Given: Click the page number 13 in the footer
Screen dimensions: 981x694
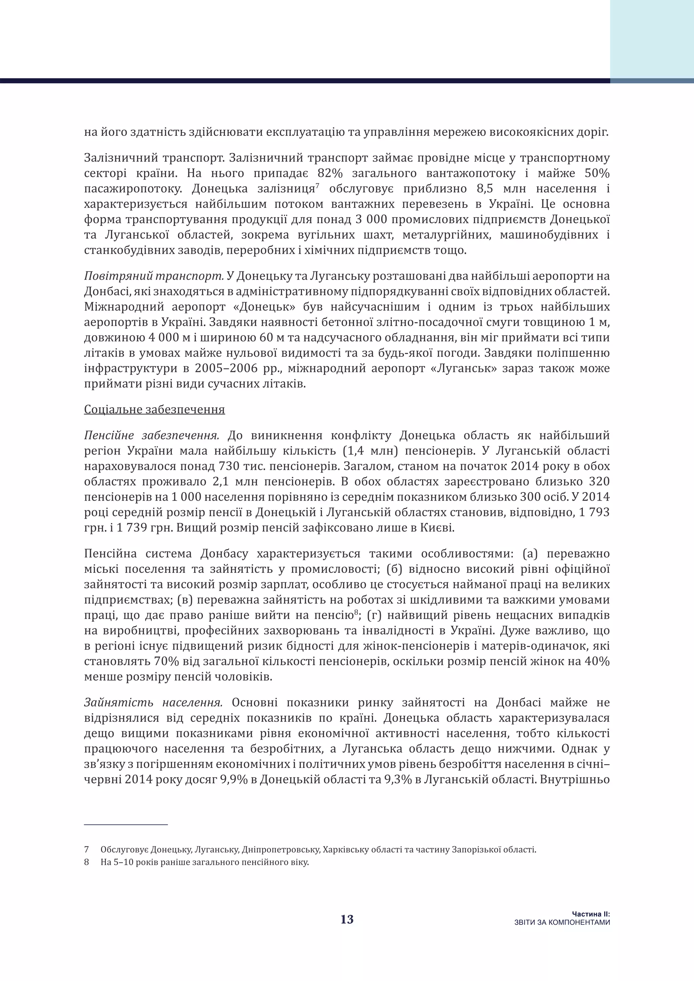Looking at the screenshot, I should pyautogui.click(x=347, y=919).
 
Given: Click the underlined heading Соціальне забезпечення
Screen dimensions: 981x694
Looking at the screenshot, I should pyautogui.click(x=154, y=409).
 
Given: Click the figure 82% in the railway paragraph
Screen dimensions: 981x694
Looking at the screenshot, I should pyautogui.click(x=330, y=173).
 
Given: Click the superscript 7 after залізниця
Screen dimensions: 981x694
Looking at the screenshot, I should pyautogui.click(x=318, y=185).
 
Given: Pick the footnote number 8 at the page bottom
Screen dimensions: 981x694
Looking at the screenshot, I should pyautogui.click(x=87, y=862).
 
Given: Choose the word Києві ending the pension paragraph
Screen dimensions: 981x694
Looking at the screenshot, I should pyautogui.click(x=440, y=528).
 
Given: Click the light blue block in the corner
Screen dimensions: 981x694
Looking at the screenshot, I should pyautogui.click(x=652, y=39).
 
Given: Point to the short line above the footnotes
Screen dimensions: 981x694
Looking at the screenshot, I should pyautogui.click(x=126, y=825).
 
